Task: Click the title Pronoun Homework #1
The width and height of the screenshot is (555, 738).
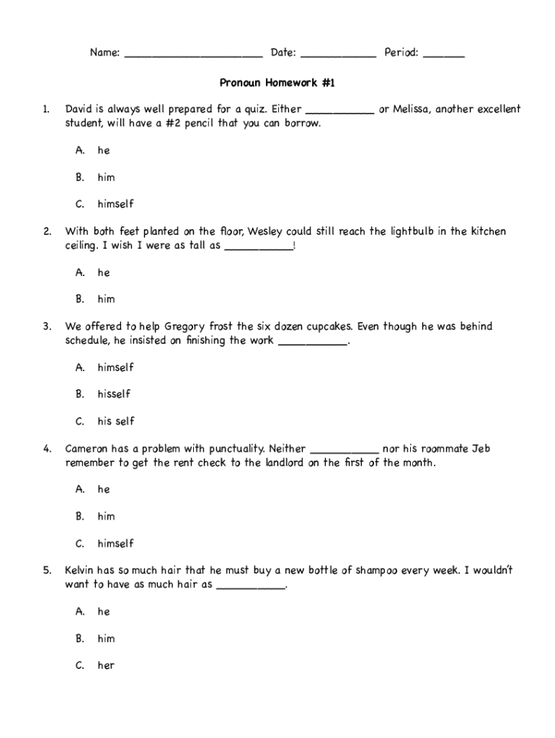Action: [277, 83]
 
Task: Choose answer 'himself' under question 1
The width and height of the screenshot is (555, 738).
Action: [115, 204]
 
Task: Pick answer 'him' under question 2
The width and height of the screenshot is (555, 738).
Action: [106, 299]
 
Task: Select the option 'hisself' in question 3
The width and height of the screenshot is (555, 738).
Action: [114, 394]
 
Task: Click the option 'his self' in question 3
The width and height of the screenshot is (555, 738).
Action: [116, 422]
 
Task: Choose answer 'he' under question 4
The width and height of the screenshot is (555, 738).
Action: [104, 489]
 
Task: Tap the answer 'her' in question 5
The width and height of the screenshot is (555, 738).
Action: [106, 666]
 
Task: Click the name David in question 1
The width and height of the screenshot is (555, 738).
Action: [79, 110]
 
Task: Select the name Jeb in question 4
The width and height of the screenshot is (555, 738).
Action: [481, 448]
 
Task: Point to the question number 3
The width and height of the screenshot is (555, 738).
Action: [46, 326]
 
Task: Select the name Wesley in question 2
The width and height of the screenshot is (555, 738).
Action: [267, 231]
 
